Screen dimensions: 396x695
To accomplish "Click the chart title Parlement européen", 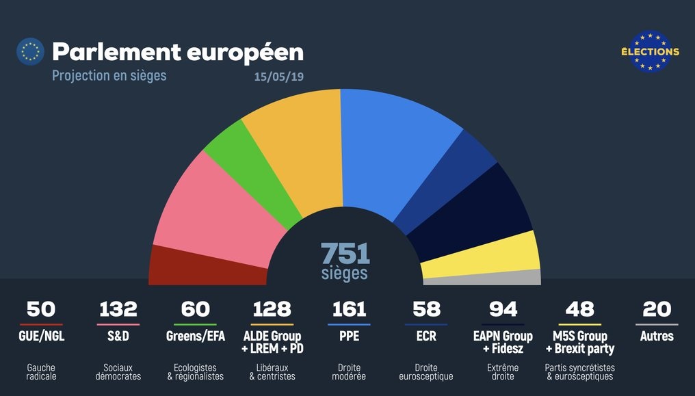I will [177, 52].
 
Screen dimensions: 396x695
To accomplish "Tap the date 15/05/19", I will [278, 76].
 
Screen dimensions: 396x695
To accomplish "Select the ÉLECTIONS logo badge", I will [650, 51].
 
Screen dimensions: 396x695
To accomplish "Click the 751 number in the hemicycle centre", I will [345, 254].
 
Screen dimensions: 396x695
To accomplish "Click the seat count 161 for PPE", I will [349, 309].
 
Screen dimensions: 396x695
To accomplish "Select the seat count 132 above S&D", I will [118, 309].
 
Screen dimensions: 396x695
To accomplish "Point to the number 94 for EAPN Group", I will [503, 309].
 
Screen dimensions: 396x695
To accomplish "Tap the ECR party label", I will [425, 336].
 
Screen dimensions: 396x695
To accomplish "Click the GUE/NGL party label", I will [41, 336].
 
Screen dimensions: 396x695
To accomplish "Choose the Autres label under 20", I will [657, 336].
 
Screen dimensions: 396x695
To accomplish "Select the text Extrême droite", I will [503, 372].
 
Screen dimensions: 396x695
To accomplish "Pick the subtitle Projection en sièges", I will [109, 75].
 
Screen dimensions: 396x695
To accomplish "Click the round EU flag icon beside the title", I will [30, 51].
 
